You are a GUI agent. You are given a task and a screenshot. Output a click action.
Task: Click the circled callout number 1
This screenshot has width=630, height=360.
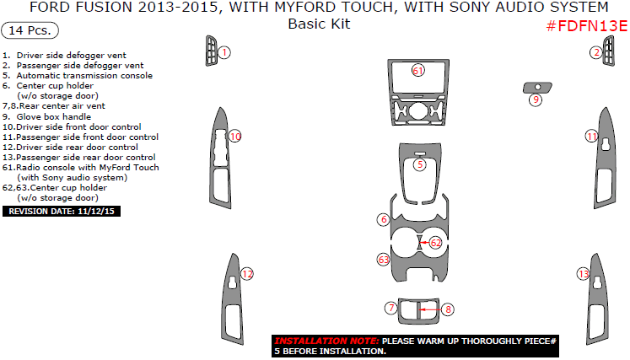(x=224, y=52)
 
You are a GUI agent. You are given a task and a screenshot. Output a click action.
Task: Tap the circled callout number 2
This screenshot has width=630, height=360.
(x=595, y=52)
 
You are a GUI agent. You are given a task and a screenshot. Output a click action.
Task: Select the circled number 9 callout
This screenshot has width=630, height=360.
(x=535, y=100)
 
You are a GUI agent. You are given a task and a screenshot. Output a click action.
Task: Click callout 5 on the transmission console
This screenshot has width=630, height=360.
(x=420, y=165)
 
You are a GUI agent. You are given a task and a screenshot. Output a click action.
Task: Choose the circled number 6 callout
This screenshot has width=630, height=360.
(x=383, y=219)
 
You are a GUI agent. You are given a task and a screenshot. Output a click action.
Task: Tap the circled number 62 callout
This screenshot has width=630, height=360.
(x=436, y=242)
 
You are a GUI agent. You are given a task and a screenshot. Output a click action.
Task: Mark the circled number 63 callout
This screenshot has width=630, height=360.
(x=383, y=260)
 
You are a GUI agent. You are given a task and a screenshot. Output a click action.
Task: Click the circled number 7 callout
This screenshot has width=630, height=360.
(x=390, y=309)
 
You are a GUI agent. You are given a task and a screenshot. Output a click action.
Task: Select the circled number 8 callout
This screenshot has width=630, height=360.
(x=448, y=309)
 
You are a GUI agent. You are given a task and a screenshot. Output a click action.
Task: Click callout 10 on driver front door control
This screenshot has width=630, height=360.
(x=235, y=136)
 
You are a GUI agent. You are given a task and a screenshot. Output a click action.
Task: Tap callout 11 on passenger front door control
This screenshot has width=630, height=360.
(x=591, y=136)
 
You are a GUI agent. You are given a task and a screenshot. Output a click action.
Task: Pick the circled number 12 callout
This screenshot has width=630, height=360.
(x=247, y=274)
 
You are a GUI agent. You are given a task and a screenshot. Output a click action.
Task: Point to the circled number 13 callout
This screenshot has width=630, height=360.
(x=582, y=274)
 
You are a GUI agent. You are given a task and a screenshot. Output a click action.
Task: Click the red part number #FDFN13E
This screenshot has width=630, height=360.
(x=586, y=26)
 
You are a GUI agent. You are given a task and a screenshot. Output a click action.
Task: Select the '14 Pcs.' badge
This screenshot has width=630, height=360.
(x=31, y=30)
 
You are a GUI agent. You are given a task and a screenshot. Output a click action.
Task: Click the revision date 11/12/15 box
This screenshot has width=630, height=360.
(x=62, y=211)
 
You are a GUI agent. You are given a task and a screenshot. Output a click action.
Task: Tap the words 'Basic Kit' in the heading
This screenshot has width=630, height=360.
(x=319, y=24)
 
